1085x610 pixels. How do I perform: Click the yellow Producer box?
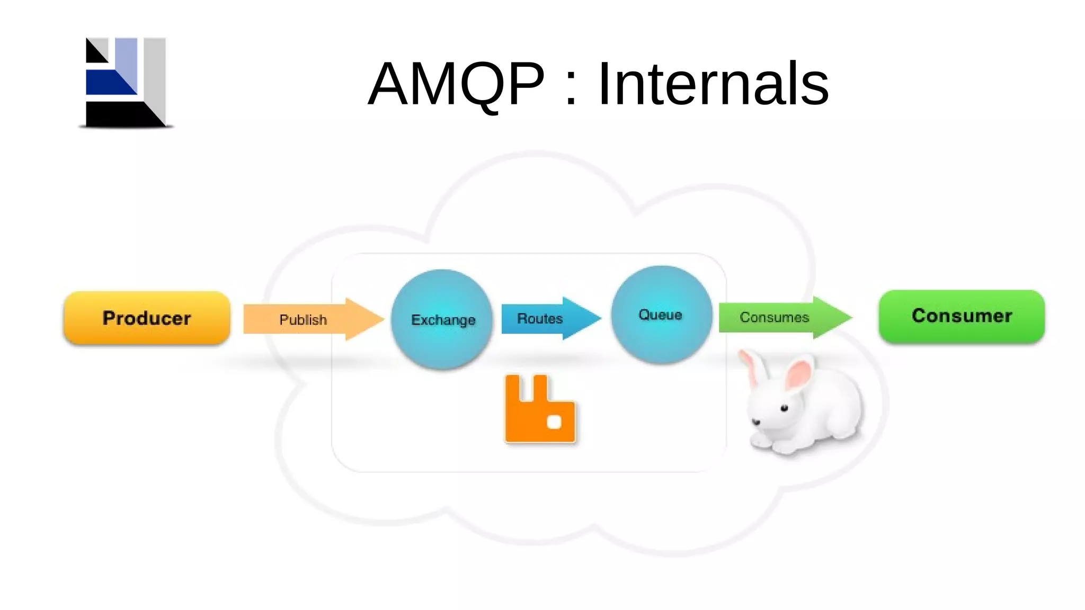click(x=147, y=318)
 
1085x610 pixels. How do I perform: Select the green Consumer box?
click(x=962, y=316)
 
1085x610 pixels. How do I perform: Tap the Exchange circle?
click(x=442, y=319)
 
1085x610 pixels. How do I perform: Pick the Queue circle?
click(x=661, y=315)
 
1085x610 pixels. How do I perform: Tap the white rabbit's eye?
click(x=785, y=408)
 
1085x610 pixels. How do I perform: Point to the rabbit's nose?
click(x=756, y=421)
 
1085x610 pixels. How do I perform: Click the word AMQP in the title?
click(x=456, y=84)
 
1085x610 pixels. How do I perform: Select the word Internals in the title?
click(x=713, y=84)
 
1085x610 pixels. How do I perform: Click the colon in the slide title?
click(x=571, y=85)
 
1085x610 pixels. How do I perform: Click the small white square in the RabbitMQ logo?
click(x=554, y=422)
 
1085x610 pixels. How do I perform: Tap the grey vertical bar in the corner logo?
click(x=155, y=74)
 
